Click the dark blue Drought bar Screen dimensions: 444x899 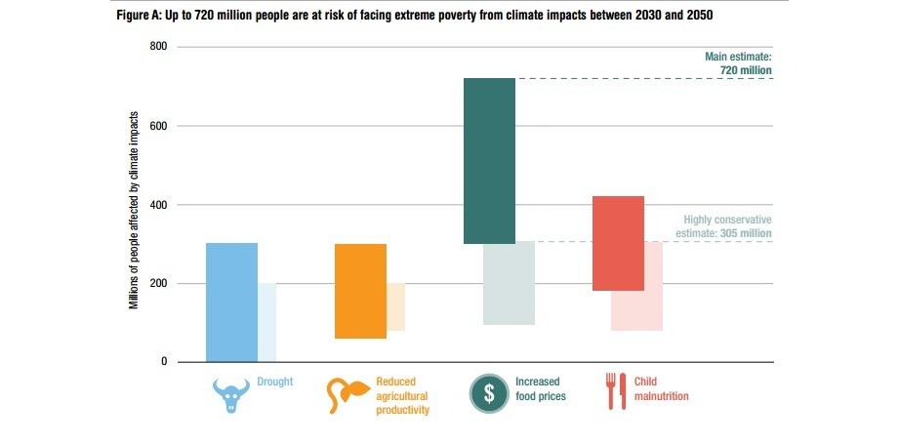[231, 303]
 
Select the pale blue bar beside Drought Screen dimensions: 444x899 [266, 322]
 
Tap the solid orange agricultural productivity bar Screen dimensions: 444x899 [360, 291]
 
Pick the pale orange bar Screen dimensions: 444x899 [395, 306]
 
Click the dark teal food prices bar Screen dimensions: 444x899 [489, 160]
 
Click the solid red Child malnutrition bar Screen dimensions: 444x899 [618, 243]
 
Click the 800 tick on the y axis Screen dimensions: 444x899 [159, 47]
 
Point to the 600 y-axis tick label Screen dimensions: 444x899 [159, 126]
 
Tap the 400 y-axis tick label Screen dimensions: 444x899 [159, 205]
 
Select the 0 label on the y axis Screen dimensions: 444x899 [164, 362]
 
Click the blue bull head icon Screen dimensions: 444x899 [231, 394]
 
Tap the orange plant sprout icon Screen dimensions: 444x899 [347, 394]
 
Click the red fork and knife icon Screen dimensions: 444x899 [615, 390]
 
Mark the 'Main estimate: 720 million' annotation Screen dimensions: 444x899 [738, 63]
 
